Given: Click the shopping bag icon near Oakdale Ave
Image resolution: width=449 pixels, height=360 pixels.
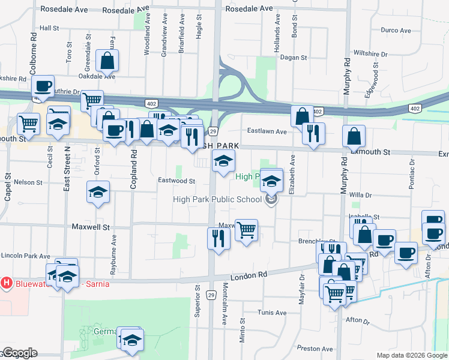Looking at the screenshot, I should pos(107,61).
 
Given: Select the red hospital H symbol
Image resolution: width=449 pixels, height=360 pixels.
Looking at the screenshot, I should pos(7,282).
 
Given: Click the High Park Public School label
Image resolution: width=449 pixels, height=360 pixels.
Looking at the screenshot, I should pos(217,200).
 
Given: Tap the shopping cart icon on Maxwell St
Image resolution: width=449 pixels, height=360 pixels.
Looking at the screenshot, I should pos(246,229).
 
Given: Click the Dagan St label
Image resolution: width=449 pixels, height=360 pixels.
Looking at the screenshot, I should pos(294,58).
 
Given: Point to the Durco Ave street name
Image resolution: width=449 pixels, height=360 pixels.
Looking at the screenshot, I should pos(396,30).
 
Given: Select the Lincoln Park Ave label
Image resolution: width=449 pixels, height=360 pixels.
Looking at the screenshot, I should pos(25,256).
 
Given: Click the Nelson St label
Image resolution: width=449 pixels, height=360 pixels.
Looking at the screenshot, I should pos(28,182).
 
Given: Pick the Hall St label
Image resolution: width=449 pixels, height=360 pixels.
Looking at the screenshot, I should pos(49,28).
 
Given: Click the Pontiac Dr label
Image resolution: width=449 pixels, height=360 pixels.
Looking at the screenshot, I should pos(412,175).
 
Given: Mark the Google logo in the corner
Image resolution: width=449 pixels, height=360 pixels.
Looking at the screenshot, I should pos(19,353).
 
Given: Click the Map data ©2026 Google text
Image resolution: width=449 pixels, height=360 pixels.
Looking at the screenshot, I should pos(412,355).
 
